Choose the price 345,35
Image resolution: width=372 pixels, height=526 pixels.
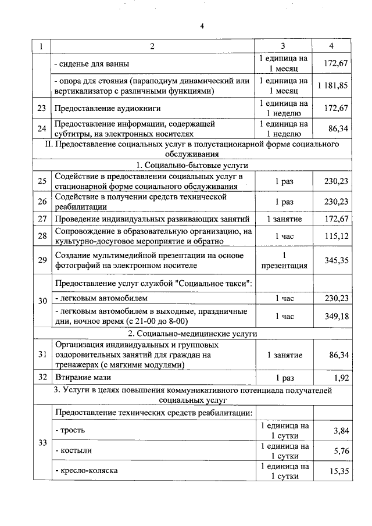(x=337, y=260)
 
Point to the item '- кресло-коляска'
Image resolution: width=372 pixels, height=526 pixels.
(x=86, y=470)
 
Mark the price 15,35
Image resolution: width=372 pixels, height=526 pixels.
(x=338, y=471)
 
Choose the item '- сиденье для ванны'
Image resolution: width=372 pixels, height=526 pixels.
(x=91, y=63)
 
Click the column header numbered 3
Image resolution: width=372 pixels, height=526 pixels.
(x=283, y=46)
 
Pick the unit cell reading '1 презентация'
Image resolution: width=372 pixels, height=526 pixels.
(x=284, y=260)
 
